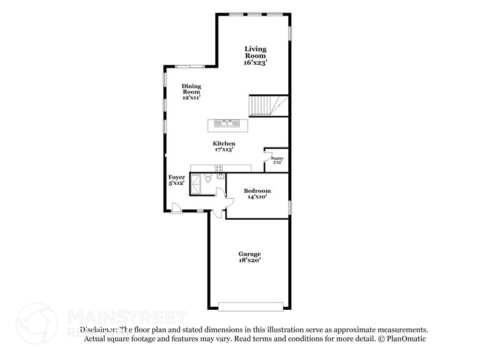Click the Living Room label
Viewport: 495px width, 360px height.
coord(255,55)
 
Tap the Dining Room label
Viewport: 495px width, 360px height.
coord(191,92)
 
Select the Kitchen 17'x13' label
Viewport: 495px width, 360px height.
coord(224,146)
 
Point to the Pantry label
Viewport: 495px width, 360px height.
coord(277,160)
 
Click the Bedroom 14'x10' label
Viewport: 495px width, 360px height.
coord(257,194)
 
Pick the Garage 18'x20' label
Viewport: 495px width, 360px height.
coord(250,257)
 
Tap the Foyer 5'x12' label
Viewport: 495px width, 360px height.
coord(177,180)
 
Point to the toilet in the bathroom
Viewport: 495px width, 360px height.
coord(208,179)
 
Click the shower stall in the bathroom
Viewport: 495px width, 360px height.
coord(197,184)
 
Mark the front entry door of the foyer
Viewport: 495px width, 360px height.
coord(176,208)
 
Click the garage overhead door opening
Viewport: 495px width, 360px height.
coord(251,306)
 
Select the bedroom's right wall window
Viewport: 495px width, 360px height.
coord(289,207)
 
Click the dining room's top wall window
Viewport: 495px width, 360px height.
coord(190,66)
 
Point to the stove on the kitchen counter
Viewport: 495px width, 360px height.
coord(218,168)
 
